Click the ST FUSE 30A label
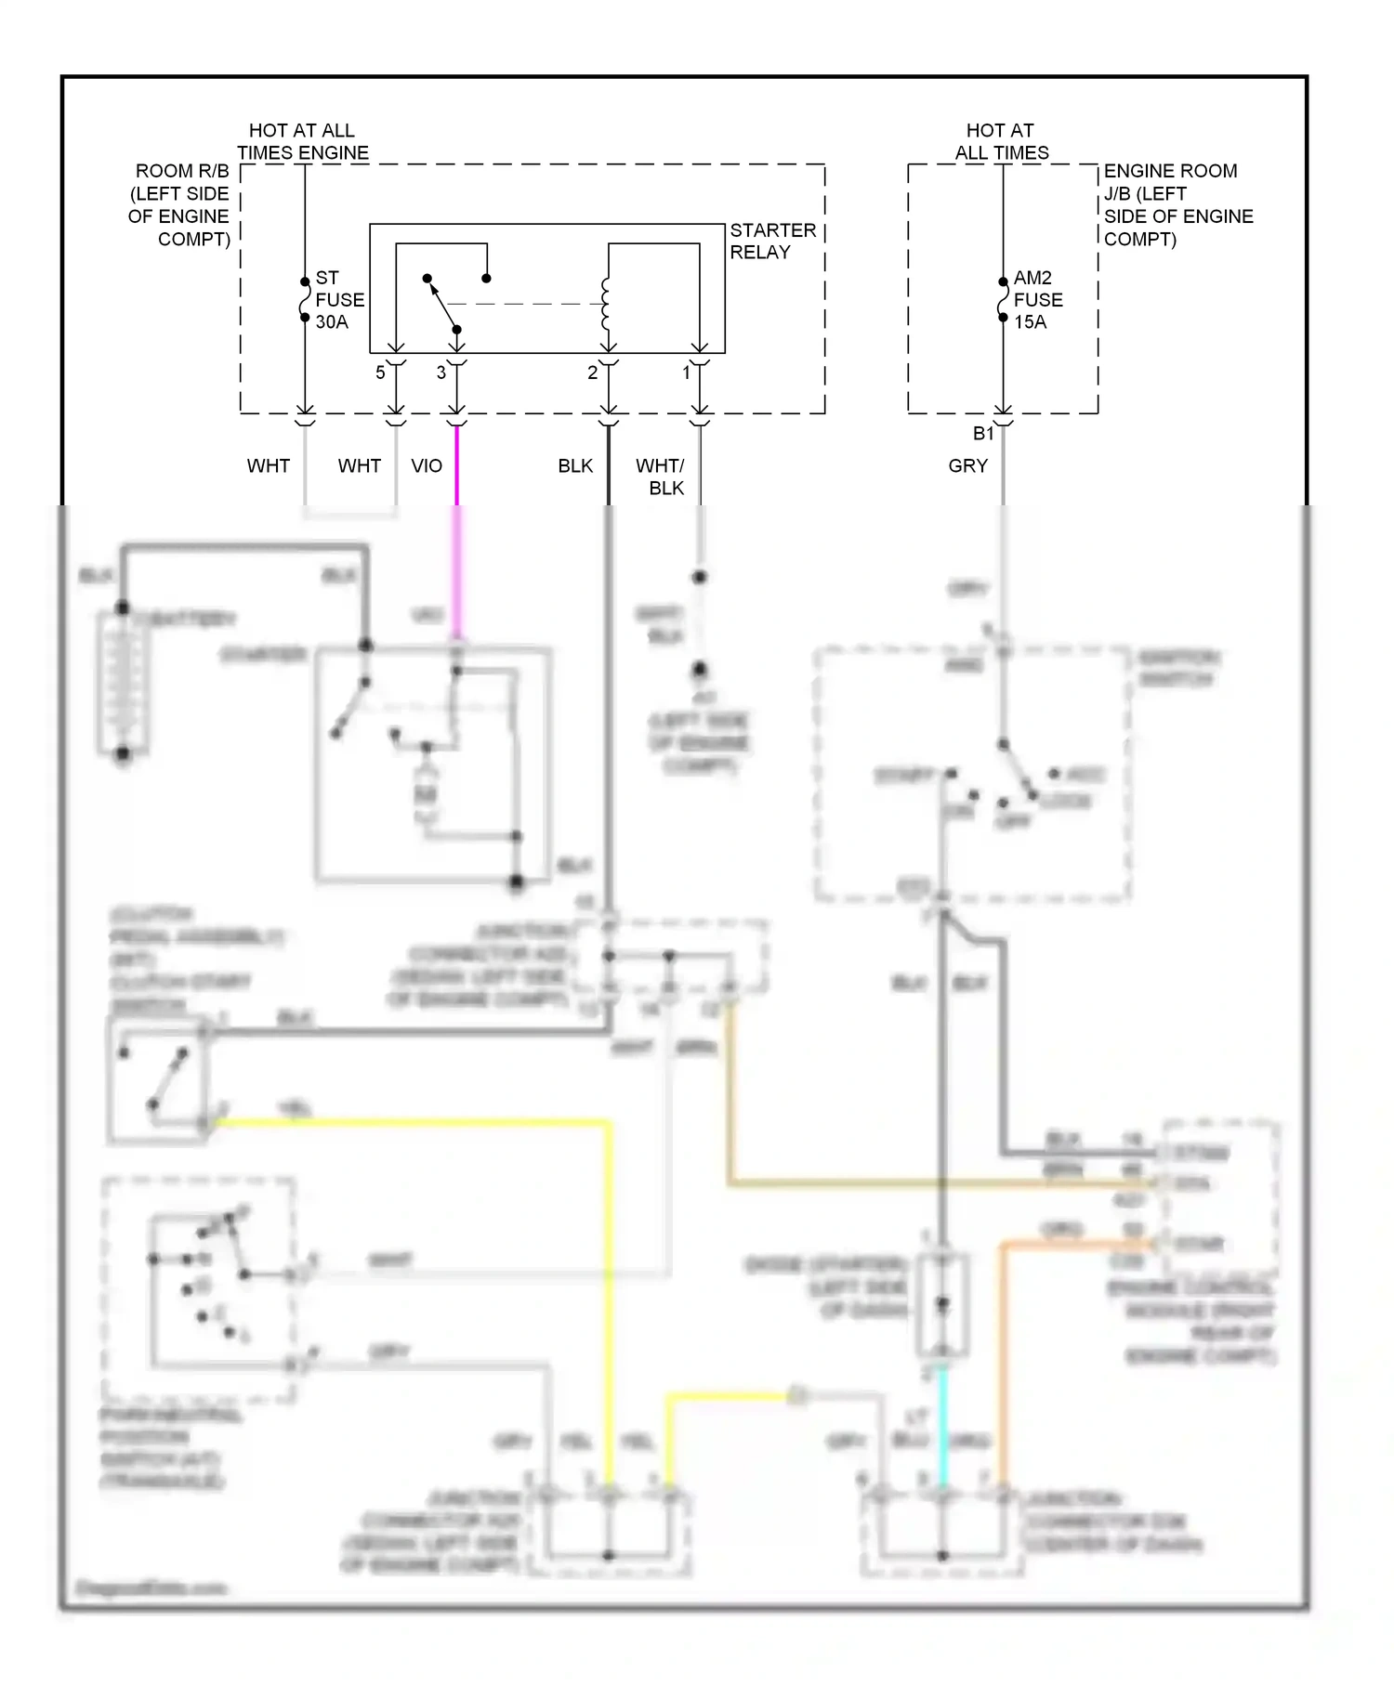coord(338,300)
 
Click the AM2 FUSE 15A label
coord(1037,300)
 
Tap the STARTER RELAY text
coord(771,242)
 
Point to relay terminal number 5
coord(380,372)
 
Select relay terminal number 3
coord(441,372)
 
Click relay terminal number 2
coord(592,372)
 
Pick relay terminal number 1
coord(687,372)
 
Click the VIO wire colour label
coord(427,466)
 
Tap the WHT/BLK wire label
coord(661,477)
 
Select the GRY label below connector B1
coord(967,466)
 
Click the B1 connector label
coord(983,434)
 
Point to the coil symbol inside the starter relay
coord(606,304)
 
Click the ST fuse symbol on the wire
coord(305,299)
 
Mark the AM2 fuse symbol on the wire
coord(1003,299)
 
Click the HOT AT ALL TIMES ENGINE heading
coord(302,141)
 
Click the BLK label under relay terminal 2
coord(575,466)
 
